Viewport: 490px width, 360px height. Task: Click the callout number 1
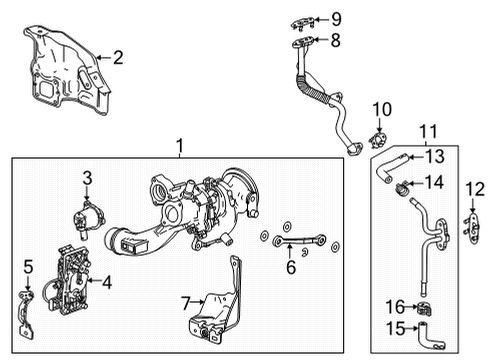pos(181,147)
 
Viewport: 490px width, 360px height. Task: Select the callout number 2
pos(117,58)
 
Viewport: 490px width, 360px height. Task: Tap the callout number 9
pos(336,19)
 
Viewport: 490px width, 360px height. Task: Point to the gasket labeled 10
pos(381,136)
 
